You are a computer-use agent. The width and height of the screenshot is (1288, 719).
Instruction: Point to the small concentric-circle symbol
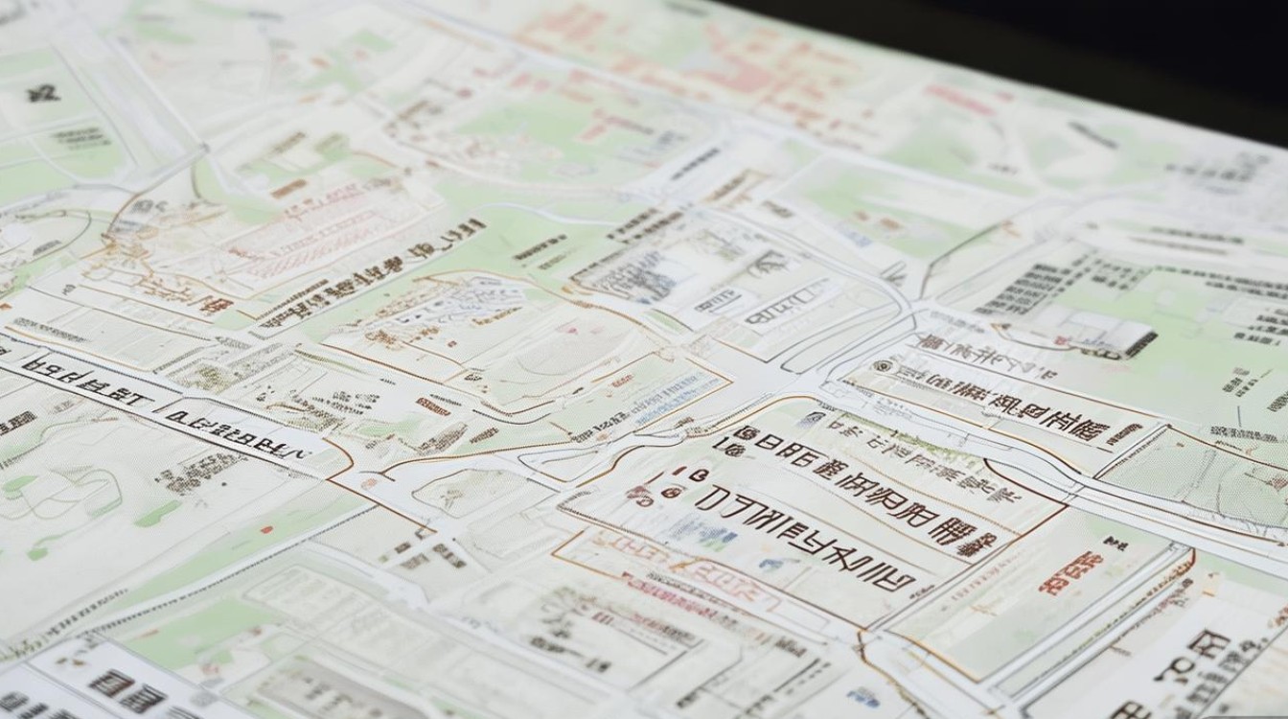point(882,366)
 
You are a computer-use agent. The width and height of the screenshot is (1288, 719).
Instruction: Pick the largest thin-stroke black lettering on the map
point(805,537)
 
